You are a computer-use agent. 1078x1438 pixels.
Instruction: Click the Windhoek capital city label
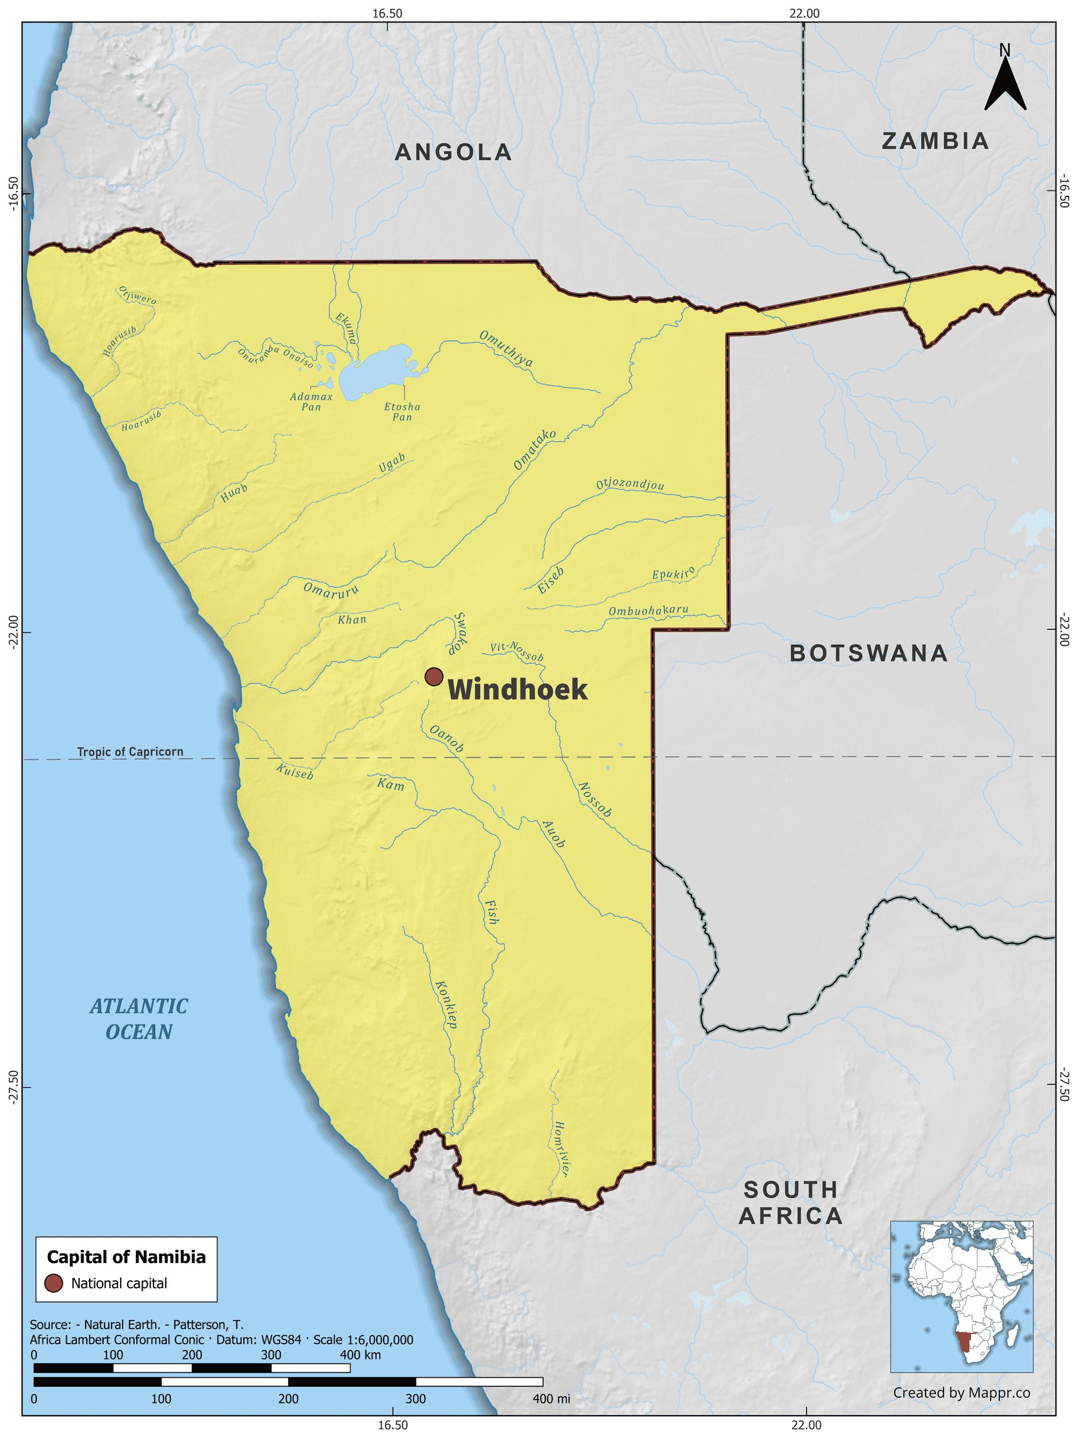[518, 690]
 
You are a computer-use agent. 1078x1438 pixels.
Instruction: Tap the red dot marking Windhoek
[434, 677]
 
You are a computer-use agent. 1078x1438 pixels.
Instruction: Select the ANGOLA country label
[453, 152]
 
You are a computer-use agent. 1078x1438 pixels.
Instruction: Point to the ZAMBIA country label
[935, 141]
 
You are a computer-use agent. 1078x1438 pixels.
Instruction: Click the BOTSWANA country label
[869, 653]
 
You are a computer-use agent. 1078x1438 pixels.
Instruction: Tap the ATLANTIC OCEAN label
[139, 1019]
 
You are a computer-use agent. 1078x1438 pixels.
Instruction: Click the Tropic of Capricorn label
[130, 752]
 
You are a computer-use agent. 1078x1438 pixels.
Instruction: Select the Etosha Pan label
[402, 411]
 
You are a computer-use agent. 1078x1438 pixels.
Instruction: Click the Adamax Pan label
[311, 401]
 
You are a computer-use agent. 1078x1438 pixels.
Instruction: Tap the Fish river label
[492, 912]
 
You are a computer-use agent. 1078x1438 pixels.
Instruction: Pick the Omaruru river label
[331, 590]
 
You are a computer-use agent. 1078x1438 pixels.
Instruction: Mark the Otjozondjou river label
[630, 484]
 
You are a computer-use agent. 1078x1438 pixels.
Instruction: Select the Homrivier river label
[561, 1149]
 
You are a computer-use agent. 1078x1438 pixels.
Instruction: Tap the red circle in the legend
[53, 1283]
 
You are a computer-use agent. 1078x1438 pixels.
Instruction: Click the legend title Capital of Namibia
[126, 1257]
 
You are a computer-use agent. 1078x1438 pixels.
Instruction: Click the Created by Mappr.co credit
[961, 1393]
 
